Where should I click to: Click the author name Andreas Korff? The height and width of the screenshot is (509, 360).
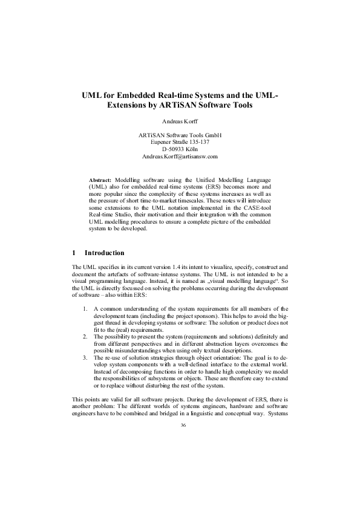(180, 121)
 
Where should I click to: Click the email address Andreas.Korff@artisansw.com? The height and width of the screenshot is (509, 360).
(180, 156)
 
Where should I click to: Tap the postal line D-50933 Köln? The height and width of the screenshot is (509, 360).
(180, 149)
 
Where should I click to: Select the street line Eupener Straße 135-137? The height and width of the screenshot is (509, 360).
(180, 142)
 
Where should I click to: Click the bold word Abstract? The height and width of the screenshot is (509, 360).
(100, 181)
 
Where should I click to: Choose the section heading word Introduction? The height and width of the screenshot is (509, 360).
(105, 253)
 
